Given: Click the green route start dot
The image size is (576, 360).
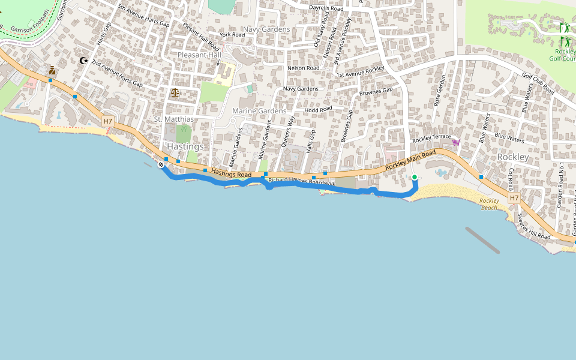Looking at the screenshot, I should [x=414, y=177].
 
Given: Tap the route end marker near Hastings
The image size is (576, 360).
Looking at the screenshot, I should [x=161, y=164].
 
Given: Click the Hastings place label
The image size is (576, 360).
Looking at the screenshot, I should [x=185, y=146].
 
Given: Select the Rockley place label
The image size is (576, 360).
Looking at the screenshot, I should [x=513, y=157].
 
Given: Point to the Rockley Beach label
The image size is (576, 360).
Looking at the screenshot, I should [x=490, y=204].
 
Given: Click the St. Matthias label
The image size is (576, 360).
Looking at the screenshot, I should [x=174, y=119].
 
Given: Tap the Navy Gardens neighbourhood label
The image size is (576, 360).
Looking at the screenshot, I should [x=266, y=29].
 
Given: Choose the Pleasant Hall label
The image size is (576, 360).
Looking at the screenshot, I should [x=199, y=55].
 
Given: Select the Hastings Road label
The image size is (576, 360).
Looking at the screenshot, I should [x=231, y=173].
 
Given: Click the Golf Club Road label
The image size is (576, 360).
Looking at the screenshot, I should [x=538, y=84].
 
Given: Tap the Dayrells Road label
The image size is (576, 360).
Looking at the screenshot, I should [x=326, y=8].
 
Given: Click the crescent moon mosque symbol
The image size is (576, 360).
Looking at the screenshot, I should [x=83, y=61].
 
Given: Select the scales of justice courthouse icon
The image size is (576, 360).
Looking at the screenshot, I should [x=175, y=92].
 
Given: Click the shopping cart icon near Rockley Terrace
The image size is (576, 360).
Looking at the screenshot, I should [x=456, y=142].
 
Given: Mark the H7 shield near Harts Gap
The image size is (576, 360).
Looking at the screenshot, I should [x=107, y=121].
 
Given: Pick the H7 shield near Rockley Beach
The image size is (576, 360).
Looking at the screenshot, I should [x=514, y=197].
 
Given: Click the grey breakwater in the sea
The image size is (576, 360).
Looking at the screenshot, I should [x=482, y=240].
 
